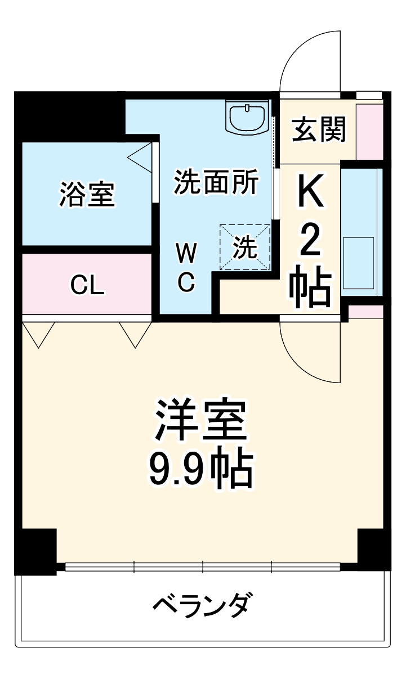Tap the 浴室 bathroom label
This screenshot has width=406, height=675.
coord(87,194)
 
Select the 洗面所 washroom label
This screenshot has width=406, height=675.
coord(216,182)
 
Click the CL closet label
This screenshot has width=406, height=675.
coord(87,286)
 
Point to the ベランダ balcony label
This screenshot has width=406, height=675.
coord(201,606)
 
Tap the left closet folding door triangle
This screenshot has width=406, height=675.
coord(38,333)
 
